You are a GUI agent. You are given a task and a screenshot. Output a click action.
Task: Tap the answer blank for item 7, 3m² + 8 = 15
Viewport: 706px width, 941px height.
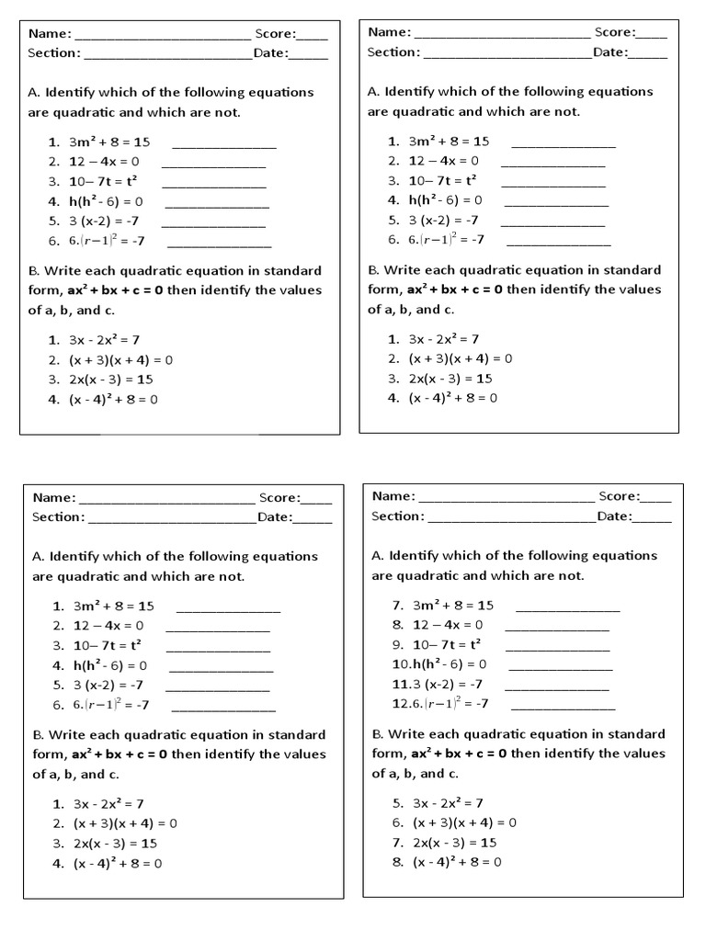click(567, 609)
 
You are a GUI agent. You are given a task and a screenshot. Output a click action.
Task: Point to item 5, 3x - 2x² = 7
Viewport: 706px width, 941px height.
click(448, 802)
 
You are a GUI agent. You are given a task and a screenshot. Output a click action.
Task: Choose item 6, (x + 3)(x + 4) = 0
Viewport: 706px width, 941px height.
click(464, 822)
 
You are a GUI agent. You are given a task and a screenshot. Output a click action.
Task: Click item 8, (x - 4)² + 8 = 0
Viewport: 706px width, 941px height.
click(456, 862)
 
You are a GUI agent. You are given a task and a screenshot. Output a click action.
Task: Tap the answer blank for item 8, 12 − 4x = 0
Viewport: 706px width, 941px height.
click(557, 629)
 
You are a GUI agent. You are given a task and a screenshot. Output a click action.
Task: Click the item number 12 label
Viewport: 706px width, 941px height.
click(401, 704)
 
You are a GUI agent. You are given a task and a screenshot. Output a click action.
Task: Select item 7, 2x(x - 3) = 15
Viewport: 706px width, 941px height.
click(455, 842)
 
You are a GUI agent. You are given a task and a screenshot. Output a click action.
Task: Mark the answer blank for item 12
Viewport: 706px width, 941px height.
click(562, 709)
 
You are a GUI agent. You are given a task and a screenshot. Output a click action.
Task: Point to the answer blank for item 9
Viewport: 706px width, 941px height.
click(558, 649)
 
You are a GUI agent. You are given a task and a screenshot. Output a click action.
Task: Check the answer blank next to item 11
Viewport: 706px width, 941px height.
click(557, 688)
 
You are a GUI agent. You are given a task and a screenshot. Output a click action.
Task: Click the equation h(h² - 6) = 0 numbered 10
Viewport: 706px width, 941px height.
click(450, 663)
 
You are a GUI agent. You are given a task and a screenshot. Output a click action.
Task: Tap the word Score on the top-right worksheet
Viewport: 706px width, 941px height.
click(613, 32)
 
